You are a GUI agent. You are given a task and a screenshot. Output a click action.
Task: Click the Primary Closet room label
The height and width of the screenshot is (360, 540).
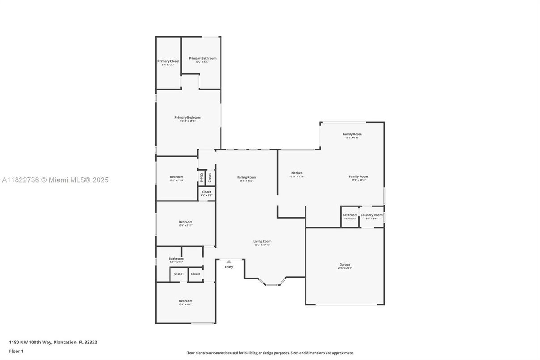coord(168,61)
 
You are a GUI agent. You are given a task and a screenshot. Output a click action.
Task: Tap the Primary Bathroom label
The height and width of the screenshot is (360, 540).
coord(202,58)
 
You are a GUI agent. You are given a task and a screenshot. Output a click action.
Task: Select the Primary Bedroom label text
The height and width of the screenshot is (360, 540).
coord(187,118)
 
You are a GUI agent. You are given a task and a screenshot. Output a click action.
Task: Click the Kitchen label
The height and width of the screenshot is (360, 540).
coord(297,173)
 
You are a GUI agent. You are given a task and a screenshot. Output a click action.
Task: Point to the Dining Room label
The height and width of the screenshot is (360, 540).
coord(247,177)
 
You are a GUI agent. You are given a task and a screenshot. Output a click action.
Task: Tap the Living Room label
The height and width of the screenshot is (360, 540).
coord(262,241)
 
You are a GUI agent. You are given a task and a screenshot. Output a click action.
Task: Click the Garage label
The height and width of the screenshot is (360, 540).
coord(344,265)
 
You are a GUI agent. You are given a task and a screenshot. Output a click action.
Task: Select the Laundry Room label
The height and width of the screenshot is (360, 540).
coord(371,215)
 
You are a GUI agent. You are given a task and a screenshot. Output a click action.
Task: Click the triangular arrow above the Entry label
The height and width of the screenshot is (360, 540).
coord(229,261)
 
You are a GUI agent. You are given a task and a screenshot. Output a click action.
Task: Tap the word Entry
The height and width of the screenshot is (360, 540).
coord(229,267)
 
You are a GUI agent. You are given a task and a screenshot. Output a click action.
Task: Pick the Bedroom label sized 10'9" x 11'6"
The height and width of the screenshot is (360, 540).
coord(176,177)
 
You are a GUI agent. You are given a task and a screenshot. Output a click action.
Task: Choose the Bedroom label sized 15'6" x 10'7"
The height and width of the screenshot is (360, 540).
coord(185,301)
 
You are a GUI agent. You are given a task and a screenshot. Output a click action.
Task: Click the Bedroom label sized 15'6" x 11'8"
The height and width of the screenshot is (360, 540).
coord(185,222)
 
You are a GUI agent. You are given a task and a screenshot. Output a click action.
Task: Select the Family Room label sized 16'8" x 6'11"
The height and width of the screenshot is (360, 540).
coord(352,134)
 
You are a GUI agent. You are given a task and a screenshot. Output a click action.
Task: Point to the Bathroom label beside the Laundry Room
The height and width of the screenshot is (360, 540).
coord(350,215)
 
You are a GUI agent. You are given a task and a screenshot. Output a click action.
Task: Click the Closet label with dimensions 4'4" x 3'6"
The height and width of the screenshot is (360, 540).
coord(206,192)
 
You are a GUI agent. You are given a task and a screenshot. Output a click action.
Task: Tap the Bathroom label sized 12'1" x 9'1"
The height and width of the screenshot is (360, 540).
coord(176,259)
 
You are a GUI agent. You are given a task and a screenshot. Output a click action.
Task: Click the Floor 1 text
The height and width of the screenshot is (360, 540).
coord(16,351)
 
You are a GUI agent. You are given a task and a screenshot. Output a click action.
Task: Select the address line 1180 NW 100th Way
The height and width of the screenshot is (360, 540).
coord(53,342)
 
